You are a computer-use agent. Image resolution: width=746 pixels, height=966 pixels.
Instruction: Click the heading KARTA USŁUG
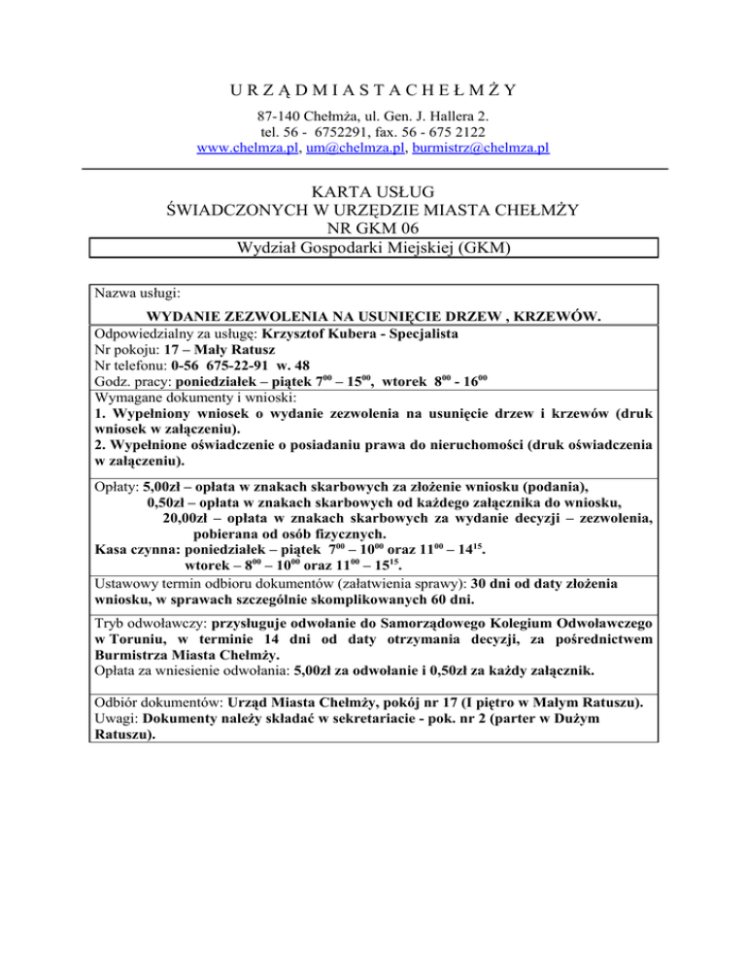point(374,190)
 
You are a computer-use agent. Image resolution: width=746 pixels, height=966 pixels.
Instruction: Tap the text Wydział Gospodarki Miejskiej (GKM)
point(374,248)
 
